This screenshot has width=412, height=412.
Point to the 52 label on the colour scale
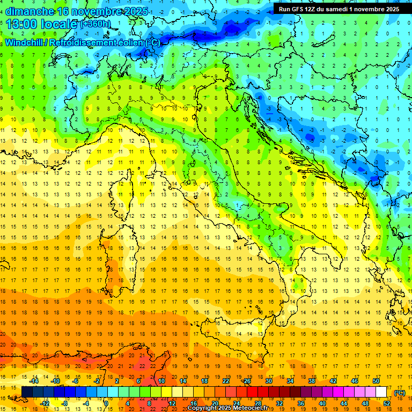click(386, 403)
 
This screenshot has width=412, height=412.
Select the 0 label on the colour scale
click(107, 403)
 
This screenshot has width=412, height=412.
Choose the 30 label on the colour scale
click(269, 381)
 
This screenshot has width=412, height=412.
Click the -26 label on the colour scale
click(246, 381)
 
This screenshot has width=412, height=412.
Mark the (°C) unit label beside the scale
click(400, 393)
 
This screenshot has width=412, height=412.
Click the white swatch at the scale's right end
click(381, 392)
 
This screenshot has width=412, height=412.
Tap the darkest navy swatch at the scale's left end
click(27, 392)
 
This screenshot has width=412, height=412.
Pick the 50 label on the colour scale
click(376, 381)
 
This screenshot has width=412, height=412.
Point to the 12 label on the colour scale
click(172, 403)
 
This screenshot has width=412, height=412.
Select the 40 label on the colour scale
click(322, 403)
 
